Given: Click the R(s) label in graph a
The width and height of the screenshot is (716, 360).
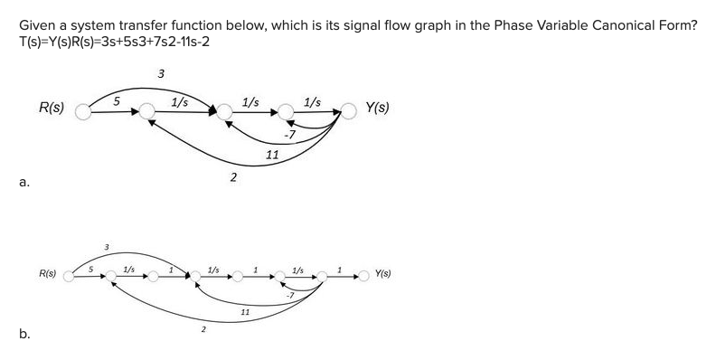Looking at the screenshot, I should (51, 108).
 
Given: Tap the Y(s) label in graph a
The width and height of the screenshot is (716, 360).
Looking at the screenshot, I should (377, 108).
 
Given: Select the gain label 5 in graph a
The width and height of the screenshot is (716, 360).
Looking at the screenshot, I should (117, 101).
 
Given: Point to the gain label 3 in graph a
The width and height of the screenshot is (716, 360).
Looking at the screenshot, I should (160, 72).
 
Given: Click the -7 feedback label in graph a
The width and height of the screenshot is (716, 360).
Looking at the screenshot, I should (289, 135).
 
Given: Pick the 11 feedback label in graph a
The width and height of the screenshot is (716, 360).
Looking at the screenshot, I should (271, 155).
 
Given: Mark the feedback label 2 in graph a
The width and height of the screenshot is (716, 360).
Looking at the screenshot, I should (233, 176).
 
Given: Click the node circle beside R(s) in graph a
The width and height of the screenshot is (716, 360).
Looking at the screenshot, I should (84, 111).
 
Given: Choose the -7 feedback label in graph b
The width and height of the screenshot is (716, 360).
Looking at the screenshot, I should (288, 295).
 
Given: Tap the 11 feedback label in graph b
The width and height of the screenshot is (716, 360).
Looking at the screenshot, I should (245, 311).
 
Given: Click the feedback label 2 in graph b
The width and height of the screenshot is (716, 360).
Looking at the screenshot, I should (203, 330).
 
